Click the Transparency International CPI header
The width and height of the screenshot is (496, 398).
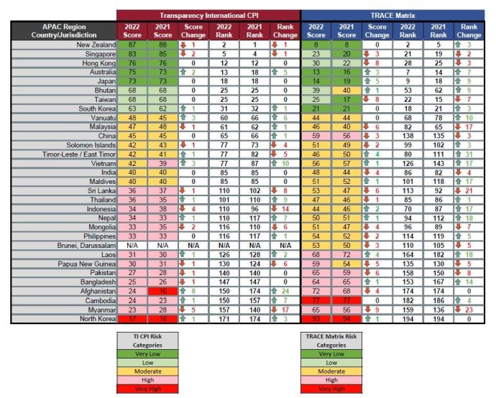pos(209,15)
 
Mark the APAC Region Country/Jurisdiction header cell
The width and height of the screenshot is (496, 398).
pos(64,30)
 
